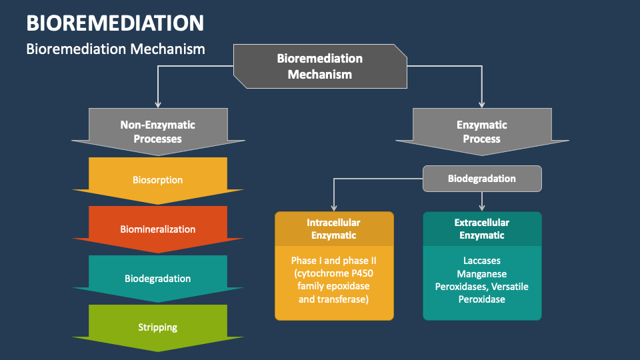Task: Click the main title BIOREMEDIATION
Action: click(x=115, y=23)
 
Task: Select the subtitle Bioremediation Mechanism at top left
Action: click(x=115, y=49)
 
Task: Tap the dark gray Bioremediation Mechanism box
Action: click(x=320, y=66)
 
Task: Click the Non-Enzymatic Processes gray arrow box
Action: click(x=158, y=131)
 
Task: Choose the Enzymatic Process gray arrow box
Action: click(x=481, y=131)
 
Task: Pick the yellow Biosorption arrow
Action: click(x=158, y=180)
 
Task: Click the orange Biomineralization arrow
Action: click(x=158, y=229)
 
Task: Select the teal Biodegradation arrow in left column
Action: click(x=158, y=279)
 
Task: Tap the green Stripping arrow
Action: click(x=158, y=327)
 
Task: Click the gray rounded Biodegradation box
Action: click(x=481, y=179)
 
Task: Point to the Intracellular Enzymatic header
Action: click(x=333, y=229)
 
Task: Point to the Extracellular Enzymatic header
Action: click(x=481, y=229)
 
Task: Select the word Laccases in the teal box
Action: click(x=481, y=261)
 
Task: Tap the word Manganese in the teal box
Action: click(x=481, y=273)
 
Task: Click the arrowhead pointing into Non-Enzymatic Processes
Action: click(x=158, y=103)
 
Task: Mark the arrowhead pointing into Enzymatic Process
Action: click(x=481, y=103)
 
